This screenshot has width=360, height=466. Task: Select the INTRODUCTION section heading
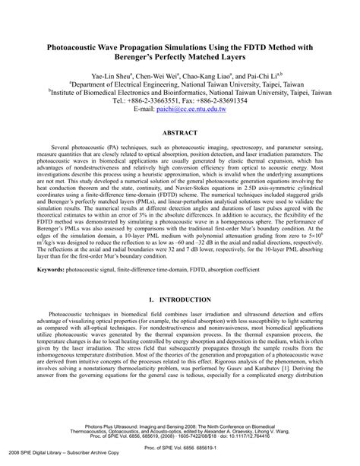tap(189, 280)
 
